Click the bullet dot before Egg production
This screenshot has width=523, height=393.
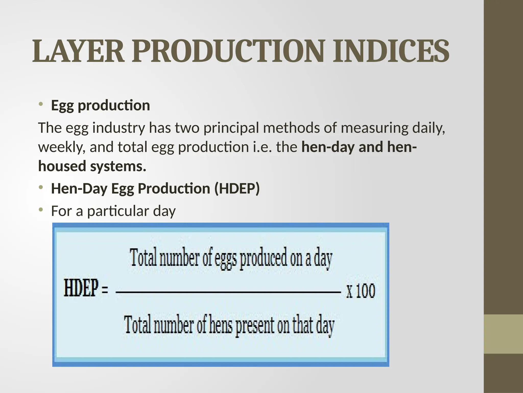41,104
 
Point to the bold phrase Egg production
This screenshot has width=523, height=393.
100,105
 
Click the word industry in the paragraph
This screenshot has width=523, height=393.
118,128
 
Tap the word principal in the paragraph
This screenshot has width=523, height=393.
231,128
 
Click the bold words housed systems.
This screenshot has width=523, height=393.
92,166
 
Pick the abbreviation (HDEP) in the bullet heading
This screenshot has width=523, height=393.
237,189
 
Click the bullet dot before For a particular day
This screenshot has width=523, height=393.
41,210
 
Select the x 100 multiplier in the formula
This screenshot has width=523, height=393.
361,291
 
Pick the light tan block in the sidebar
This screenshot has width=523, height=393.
503,334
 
